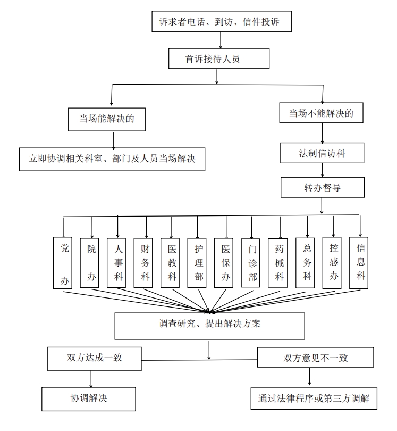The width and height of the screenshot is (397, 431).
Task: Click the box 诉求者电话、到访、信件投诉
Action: [219, 21]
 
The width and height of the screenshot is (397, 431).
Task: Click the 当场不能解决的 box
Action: [321, 113]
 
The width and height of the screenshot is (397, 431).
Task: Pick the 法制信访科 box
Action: [322, 153]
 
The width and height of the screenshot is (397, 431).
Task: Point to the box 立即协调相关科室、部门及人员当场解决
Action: [112, 159]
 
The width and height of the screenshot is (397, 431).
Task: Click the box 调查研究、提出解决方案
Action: [209, 325]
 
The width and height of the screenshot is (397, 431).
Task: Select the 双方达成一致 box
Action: [95, 358]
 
